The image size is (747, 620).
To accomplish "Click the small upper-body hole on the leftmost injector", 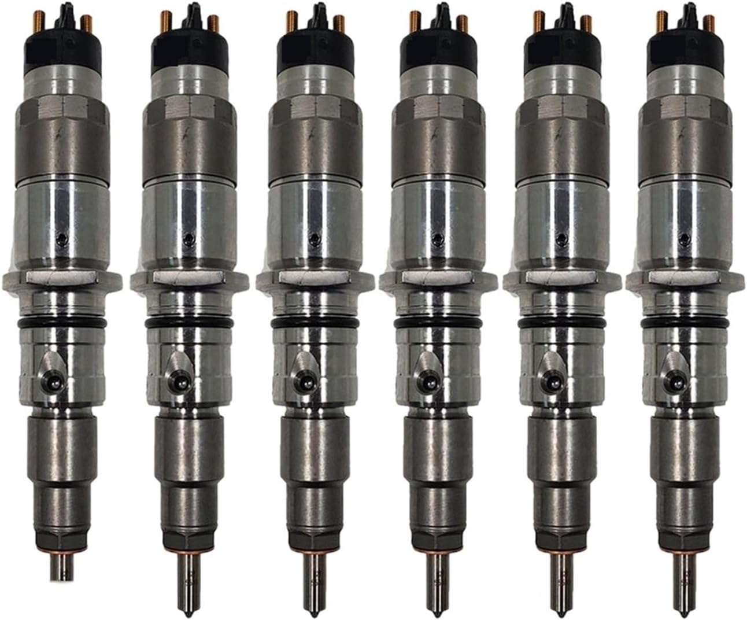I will (64, 238).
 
